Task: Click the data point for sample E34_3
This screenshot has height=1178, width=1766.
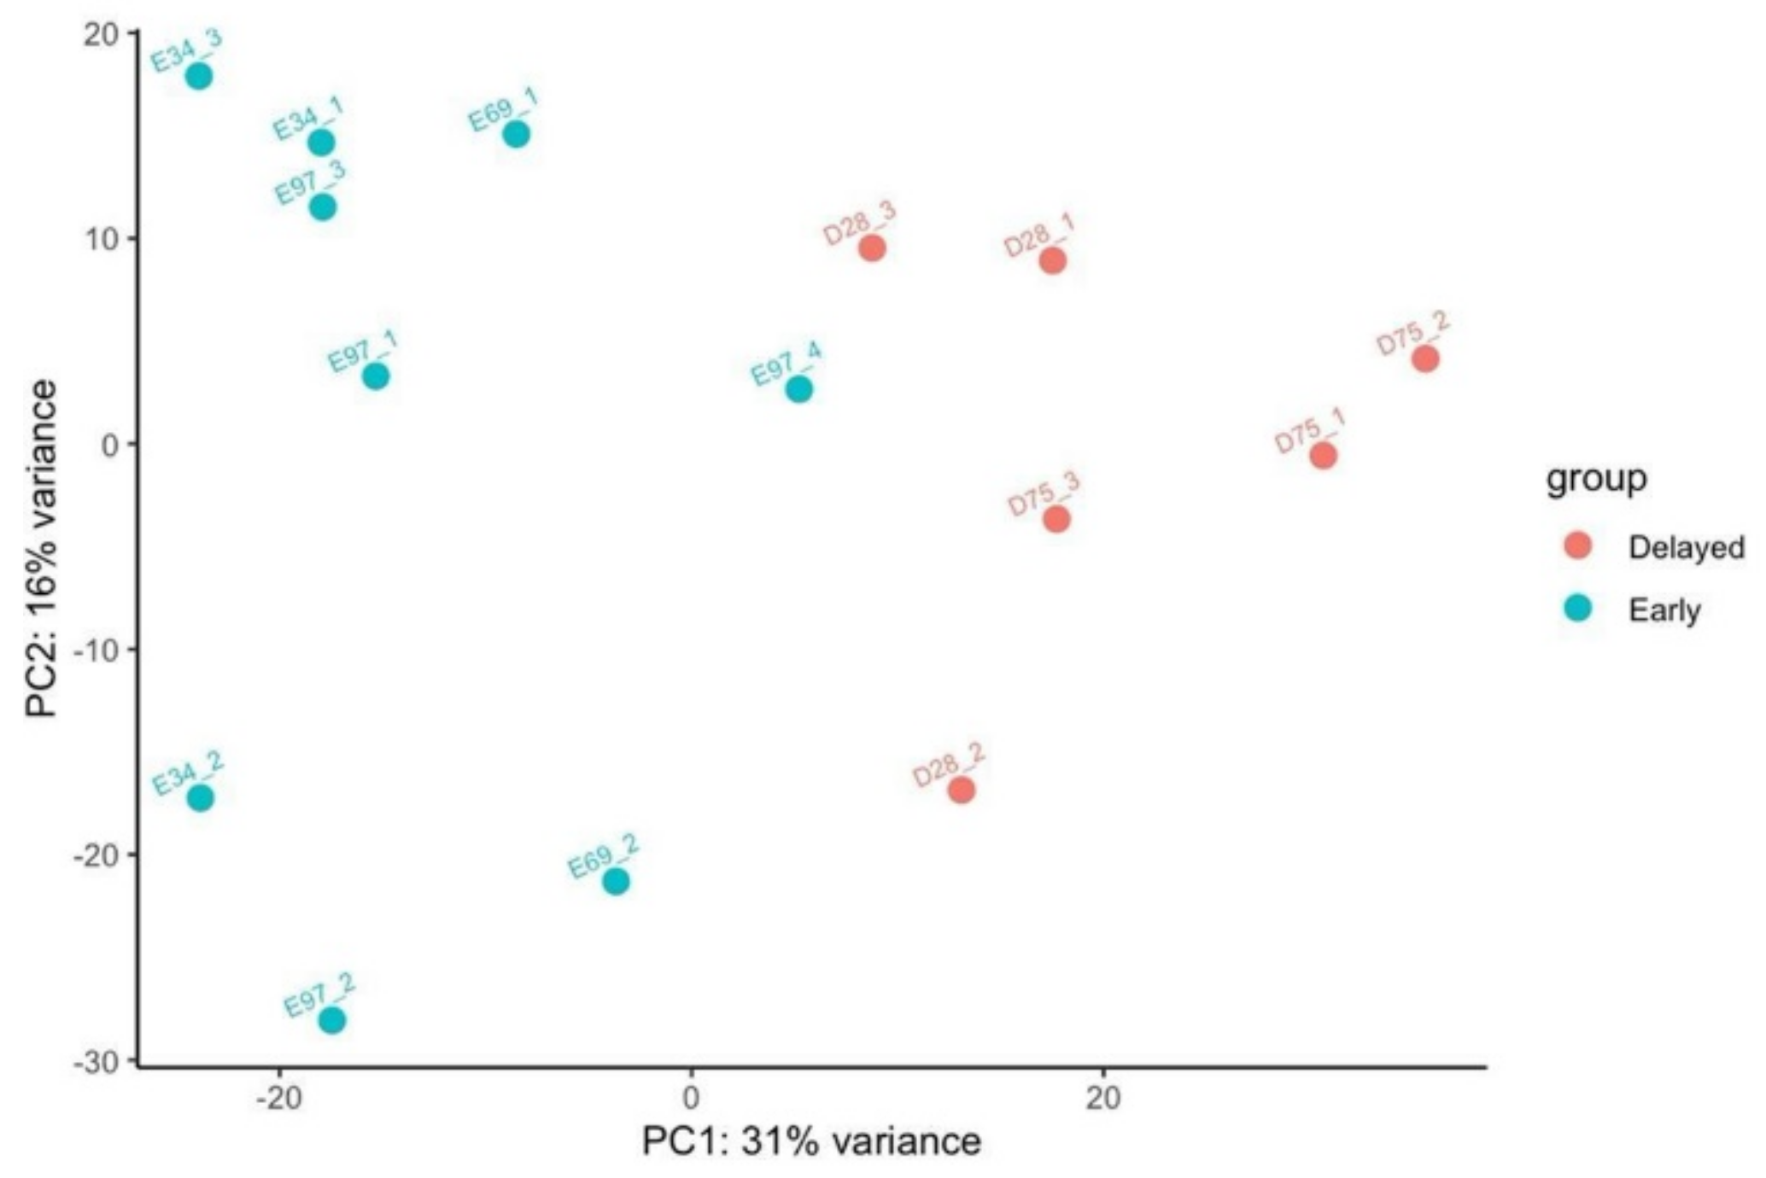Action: pos(199,76)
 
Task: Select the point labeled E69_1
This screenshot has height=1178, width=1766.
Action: pos(516,134)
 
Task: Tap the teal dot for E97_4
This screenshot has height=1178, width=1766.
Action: pos(798,389)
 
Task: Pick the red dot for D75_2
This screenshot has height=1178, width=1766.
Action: pos(1424,359)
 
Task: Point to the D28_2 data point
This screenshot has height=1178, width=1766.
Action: pos(962,790)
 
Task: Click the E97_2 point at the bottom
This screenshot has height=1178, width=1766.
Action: pos(332,1020)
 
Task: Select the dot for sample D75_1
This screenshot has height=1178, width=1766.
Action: pos(1323,456)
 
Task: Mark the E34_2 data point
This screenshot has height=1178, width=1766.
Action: pos(200,798)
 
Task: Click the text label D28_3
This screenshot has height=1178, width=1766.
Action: pos(859,224)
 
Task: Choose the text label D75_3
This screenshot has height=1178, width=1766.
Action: pos(1044,493)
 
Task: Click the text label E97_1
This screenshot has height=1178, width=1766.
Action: pos(363,351)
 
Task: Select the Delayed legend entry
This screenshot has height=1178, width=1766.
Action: pos(1685,547)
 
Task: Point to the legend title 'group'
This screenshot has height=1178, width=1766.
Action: pos(1596,479)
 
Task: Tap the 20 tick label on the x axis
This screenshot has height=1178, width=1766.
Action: pos(1103,1098)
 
